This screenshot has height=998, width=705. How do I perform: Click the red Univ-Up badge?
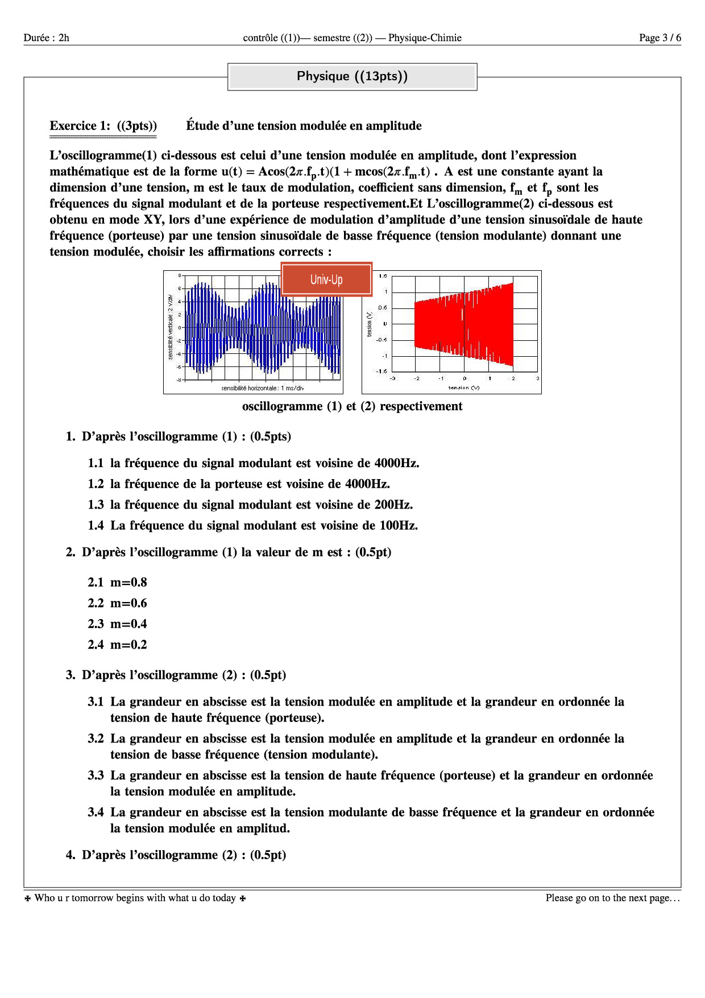click(x=326, y=279)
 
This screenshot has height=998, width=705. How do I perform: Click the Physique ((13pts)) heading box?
click(x=352, y=76)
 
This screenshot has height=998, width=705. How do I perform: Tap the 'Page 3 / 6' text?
click(x=660, y=38)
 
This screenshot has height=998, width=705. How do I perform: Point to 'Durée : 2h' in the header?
click(x=47, y=38)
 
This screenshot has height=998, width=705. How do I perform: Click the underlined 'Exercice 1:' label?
click(x=80, y=126)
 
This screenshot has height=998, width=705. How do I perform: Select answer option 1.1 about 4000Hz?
click(x=253, y=463)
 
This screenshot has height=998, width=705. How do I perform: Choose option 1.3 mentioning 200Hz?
click(x=250, y=505)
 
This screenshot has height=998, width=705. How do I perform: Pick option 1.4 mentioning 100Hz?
click(x=252, y=525)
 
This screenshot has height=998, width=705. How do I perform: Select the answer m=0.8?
click(x=117, y=582)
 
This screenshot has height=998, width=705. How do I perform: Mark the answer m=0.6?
click(x=117, y=603)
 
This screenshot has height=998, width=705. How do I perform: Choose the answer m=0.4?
click(x=117, y=624)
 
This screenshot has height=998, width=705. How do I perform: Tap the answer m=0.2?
click(x=117, y=645)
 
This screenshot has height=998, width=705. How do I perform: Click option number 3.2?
click(x=96, y=739)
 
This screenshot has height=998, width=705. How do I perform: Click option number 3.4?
click(x=96, y=813)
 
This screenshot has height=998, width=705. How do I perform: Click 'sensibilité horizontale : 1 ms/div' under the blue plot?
click(x=263, y=388)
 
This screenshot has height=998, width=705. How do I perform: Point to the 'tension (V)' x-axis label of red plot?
click(x=463, y=387)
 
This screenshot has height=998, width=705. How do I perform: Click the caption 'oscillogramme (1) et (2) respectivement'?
click(x=352, y=406)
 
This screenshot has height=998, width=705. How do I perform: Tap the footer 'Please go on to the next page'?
click(x=612, y=898)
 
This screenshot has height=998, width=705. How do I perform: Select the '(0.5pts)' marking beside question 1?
click(x=270, y=436)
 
